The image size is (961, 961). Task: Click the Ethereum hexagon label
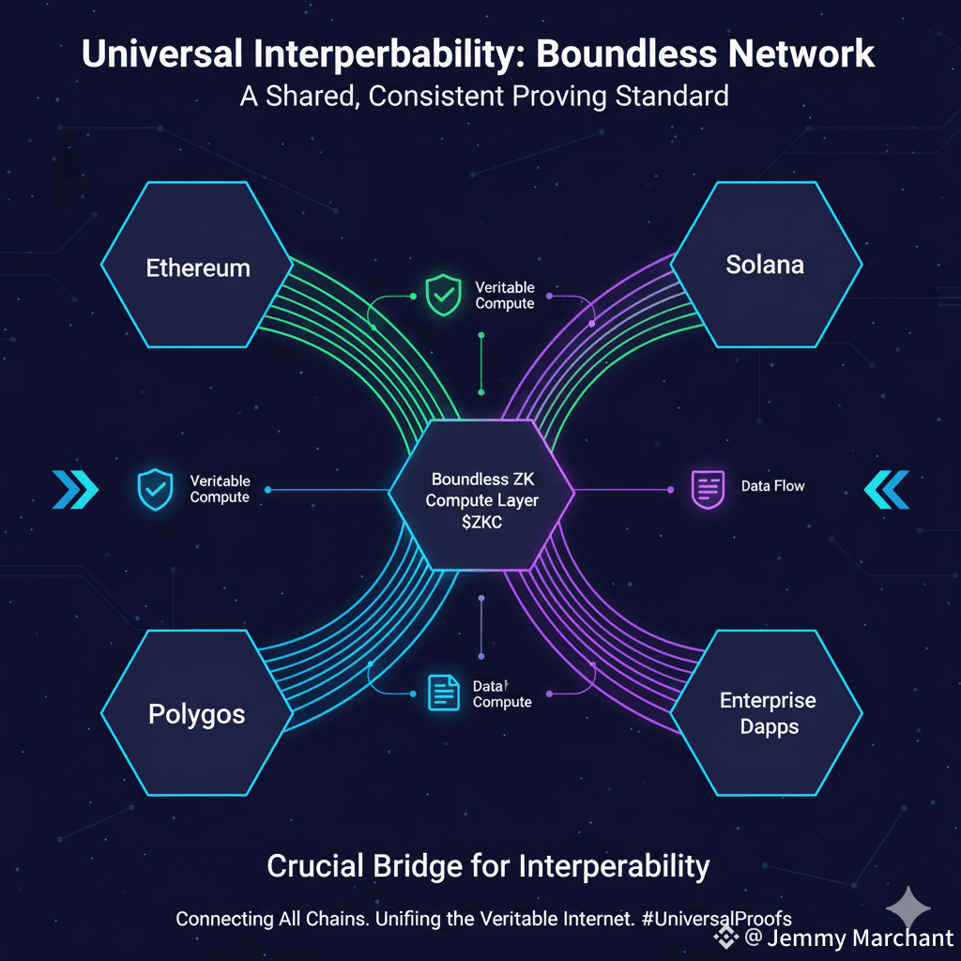click(x=198, y=267)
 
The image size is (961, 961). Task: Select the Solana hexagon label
click(x=765, y=265)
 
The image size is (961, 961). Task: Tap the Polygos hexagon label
click(x=197, y=714)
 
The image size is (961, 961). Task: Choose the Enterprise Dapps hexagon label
click(x=768, y=713)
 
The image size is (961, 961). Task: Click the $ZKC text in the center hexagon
click(x=481, y=524)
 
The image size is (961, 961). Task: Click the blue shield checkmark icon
click(x=155, y=489)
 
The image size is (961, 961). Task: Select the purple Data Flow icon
click(x=706, y=489)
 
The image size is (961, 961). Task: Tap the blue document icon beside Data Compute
click(x=442, y=693)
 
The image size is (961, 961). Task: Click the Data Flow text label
click(x=772, y=486)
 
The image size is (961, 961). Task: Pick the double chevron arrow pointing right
click(x=76, y=489)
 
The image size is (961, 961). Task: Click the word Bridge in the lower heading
click(x=420, y=865)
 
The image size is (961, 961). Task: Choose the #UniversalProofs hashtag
click(x=719, y=919)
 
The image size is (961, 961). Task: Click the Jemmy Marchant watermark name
click(x=859, y=938)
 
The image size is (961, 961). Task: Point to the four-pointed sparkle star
click(x=908, y=907)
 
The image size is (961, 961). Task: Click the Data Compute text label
click(x=502, y=694)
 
